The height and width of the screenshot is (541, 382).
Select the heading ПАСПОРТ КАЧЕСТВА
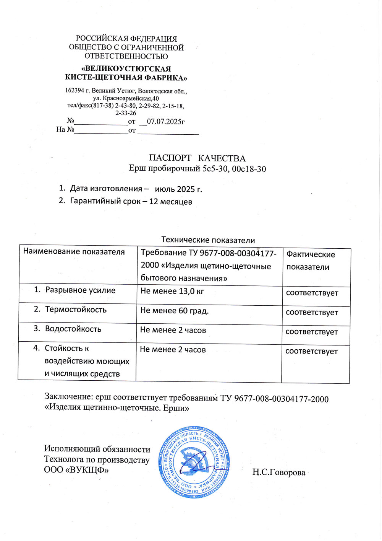197,158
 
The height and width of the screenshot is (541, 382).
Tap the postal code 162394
74,91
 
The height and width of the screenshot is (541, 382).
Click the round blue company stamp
194,462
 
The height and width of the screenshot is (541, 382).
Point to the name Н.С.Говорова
278,473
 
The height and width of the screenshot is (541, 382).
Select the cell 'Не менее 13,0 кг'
172,291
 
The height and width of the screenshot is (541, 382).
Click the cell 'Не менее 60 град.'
174,311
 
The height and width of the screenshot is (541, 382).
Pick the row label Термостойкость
76,310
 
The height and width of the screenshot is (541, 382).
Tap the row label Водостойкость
73,329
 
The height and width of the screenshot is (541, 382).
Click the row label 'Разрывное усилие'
80,290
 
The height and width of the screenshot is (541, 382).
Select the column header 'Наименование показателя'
74,252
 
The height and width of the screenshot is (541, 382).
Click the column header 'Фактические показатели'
310,261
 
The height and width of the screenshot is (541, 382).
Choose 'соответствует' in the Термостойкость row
312,313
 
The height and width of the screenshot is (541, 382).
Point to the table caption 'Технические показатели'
208,240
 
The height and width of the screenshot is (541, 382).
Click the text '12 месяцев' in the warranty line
170,202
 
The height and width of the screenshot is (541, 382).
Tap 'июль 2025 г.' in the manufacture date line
178,189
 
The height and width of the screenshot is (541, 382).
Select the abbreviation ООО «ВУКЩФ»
76,470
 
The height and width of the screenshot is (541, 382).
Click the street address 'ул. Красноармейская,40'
126,98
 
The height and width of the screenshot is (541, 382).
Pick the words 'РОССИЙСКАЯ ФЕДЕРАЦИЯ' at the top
126,39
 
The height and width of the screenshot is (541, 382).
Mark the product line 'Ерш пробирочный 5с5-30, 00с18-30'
197,169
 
